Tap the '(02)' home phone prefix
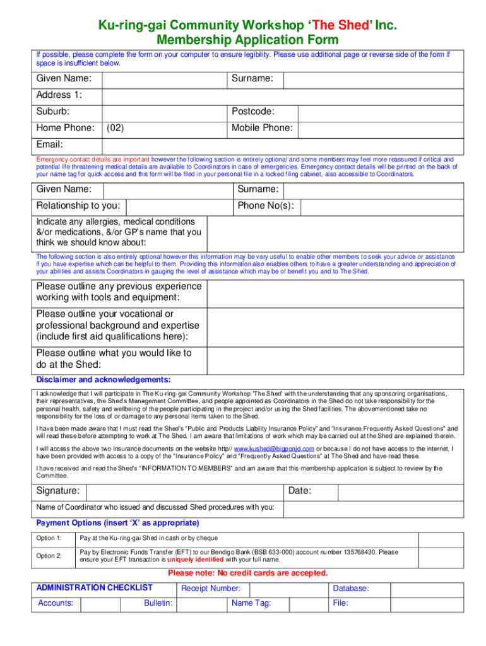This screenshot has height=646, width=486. click(x=115, y=128)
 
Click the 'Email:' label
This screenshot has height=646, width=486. click(x=49, y=144)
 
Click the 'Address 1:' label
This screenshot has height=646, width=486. click(x=59, y=95)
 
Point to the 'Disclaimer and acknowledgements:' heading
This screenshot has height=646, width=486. click(x=103, y=380)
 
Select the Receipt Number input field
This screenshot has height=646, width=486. click(x=288, y=589)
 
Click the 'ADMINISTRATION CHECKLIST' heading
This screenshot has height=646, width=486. click(x=94, y=588)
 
